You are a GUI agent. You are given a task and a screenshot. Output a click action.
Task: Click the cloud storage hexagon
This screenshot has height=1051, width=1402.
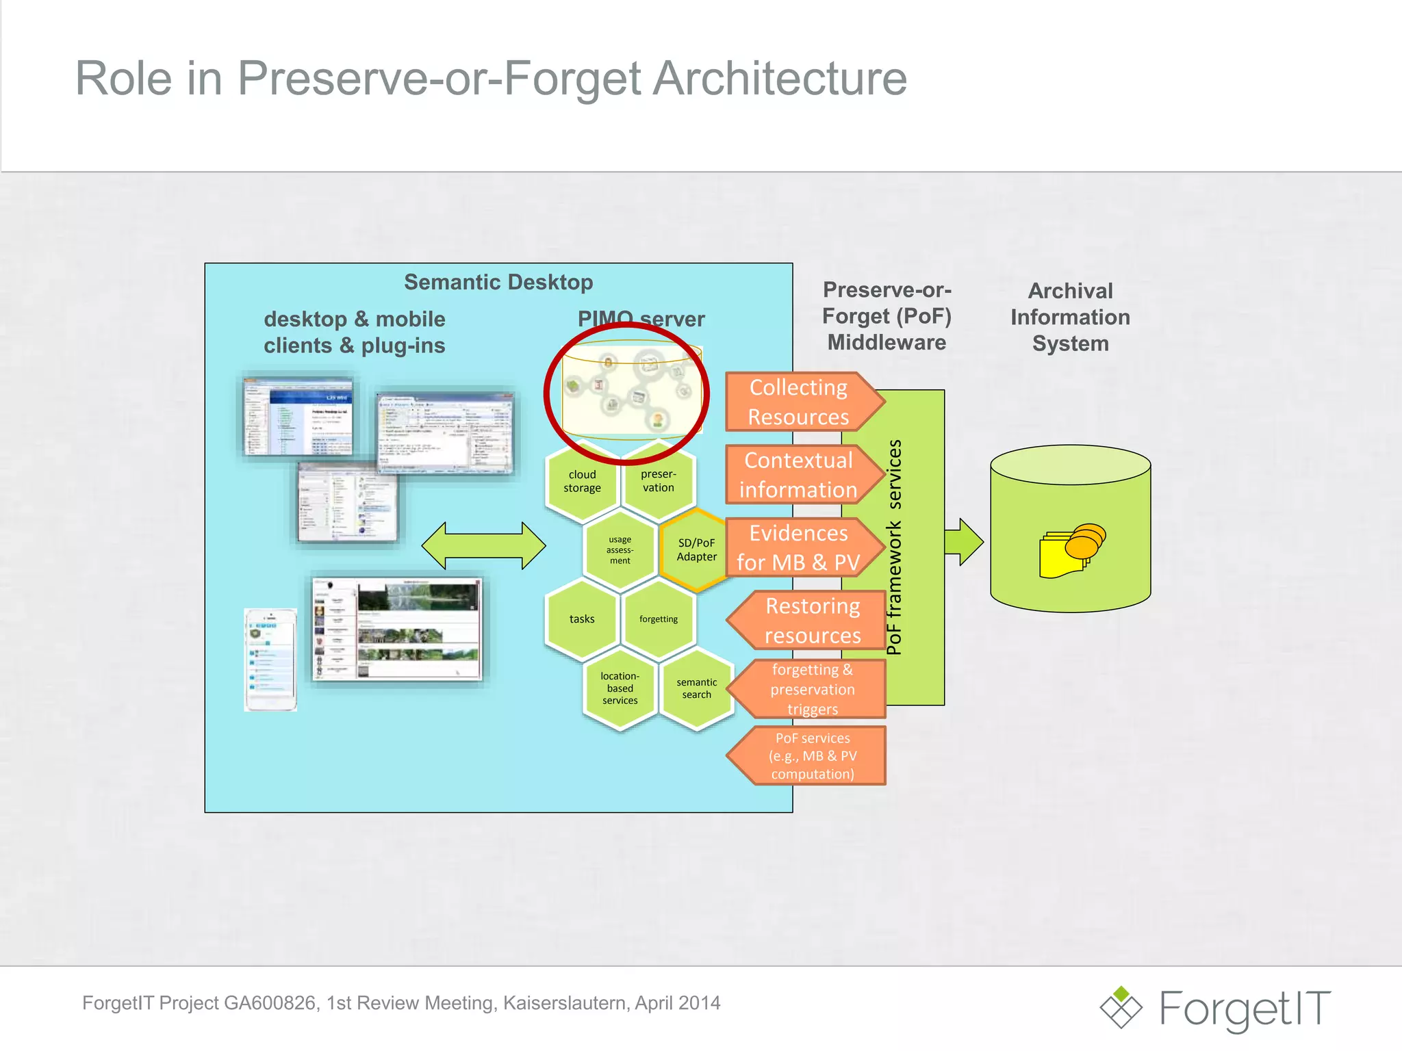582,481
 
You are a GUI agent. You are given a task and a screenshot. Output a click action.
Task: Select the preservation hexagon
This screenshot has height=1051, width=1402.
658,481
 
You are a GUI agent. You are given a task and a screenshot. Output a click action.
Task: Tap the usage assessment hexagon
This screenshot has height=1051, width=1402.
620,549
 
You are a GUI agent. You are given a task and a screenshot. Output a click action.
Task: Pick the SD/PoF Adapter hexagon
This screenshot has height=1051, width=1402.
696,549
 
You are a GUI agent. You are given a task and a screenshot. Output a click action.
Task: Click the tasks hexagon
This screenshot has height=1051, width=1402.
582,619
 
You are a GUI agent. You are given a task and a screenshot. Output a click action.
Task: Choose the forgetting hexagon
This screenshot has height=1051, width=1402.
658,619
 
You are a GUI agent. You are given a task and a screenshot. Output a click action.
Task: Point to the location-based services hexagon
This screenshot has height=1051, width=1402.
620,688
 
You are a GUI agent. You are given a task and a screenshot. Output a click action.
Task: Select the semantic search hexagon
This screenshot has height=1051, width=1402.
696,688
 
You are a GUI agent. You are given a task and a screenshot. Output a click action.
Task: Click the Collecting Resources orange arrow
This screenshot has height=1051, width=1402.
798,402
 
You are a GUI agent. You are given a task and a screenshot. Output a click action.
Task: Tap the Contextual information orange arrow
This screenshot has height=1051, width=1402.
798,475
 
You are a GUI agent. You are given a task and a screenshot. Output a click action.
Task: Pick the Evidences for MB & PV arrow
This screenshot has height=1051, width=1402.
798,547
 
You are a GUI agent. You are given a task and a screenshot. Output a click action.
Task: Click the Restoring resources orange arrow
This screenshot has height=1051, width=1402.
812,621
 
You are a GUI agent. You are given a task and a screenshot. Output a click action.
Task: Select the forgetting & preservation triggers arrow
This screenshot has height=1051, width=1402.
812,689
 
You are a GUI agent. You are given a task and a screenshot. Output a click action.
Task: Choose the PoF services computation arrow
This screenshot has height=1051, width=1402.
812,755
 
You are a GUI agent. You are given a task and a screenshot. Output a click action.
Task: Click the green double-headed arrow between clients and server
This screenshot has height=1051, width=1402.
483,545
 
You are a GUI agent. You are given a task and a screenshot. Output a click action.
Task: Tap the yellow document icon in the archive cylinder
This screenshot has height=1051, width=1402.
1061,556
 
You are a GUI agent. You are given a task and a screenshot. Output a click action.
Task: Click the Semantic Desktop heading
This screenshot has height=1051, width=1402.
498,282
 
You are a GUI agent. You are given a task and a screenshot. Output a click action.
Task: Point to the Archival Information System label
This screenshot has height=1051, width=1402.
1070,317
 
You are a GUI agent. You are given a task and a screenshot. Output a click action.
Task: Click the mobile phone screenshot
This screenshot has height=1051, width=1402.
270,660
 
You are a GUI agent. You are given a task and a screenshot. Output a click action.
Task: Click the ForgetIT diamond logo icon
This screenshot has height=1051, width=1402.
1121,1007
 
